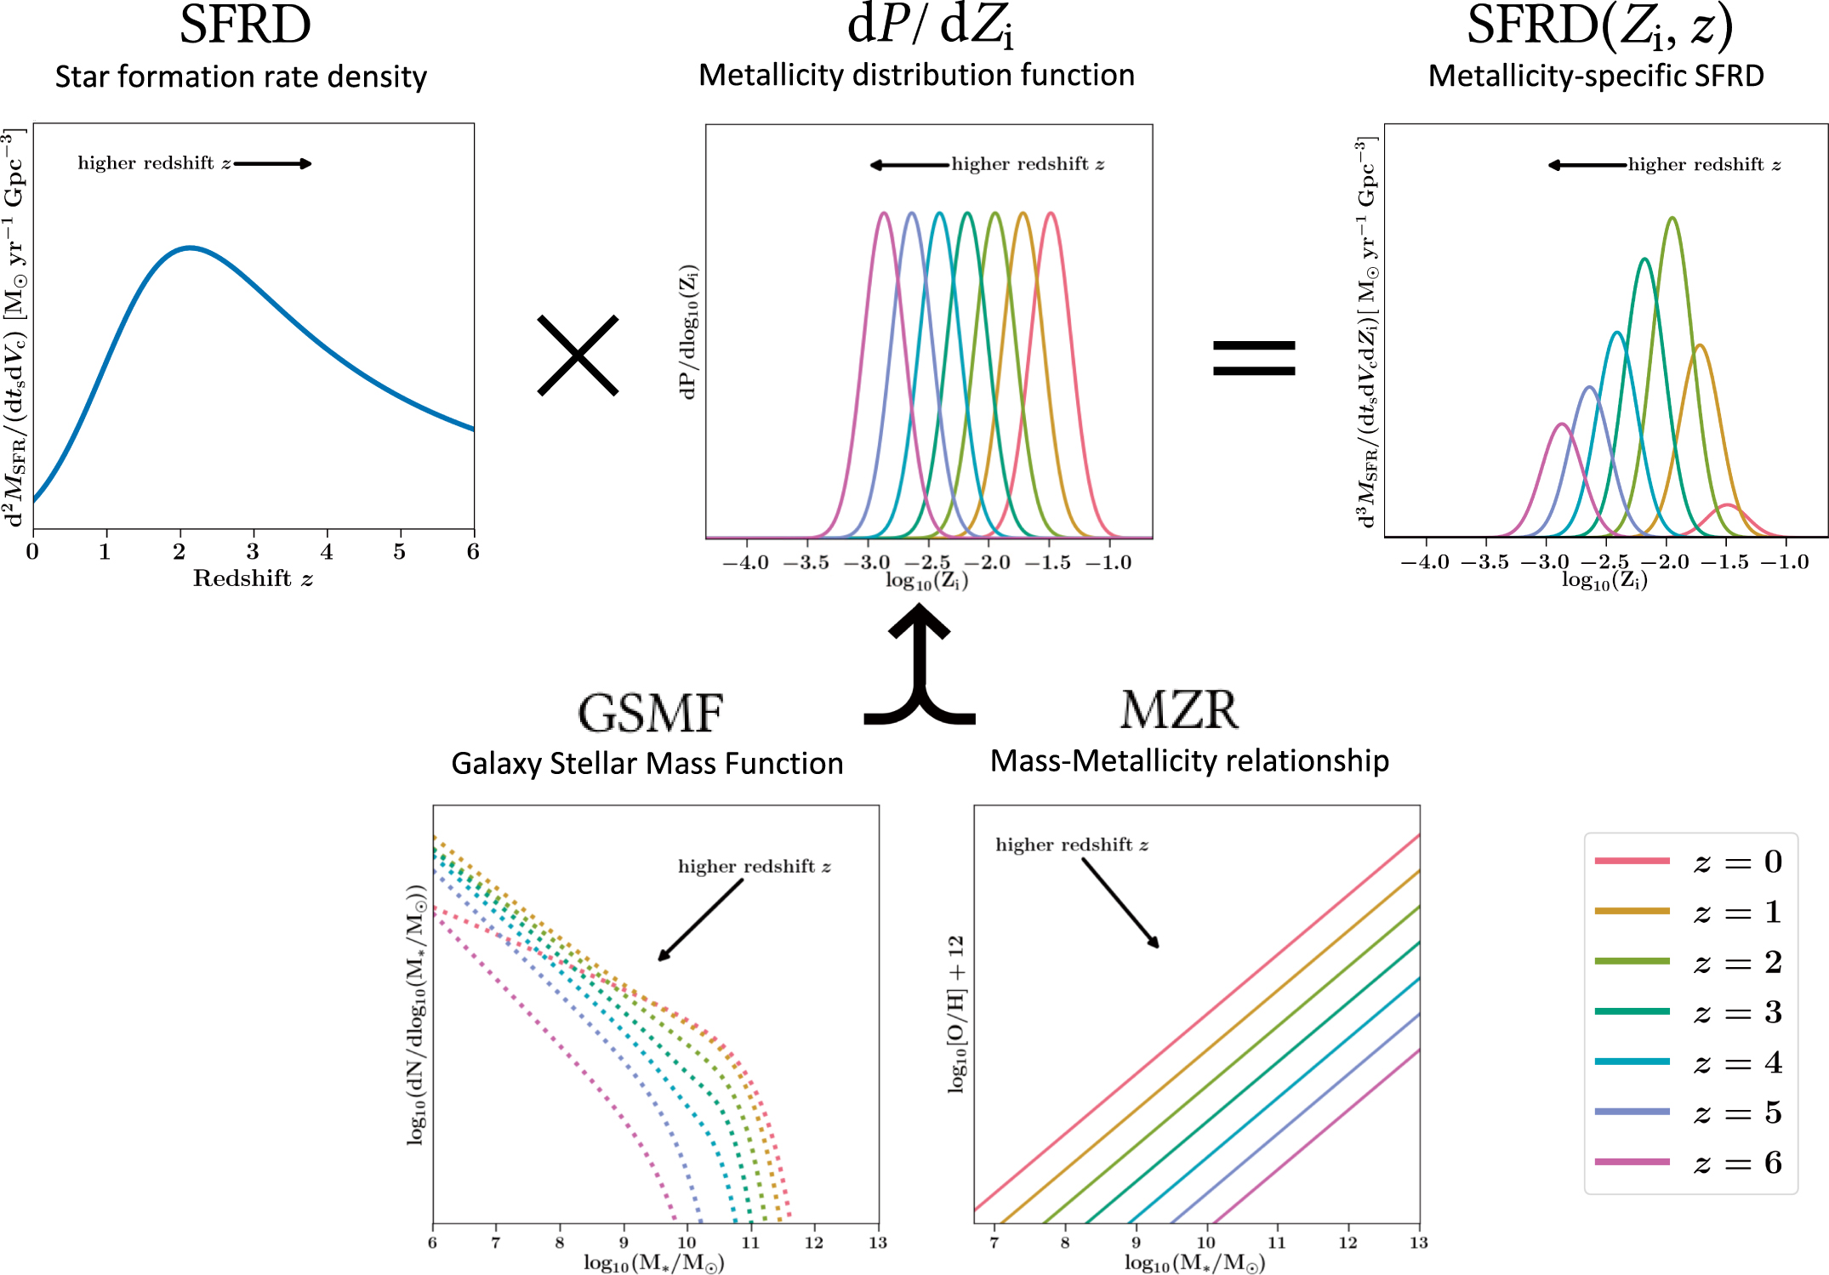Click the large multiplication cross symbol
pyautogui.click(x=578, y=356)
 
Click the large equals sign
pyautogui.click(x=1254, y=358)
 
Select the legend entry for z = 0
pyautogui.click(x=1688, y=862)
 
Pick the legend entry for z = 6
pyautogui.click(x=1688, y=1163)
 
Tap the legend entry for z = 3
pyautogui.click(x=1688, y=1012)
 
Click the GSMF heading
pyautogui.click(x=651, y=713)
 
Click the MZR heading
pyautogui.click(x=1179, y=710)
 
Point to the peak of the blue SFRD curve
pyautogui.click(x=190, y=248)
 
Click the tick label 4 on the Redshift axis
pyautogui.click(x=327, y=552)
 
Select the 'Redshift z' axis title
pyautogui.click(x=253, y=579)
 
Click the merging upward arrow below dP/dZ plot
pyautogui.click(x=920, y=668)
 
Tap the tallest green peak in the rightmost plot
pyautogui.click(x=1672, y=219)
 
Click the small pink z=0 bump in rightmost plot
pyautogui.click(x=1727, y=507)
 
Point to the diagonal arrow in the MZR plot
pyautogui.click(x=1120, y=902)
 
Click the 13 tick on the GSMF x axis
pyautogui.click(x=877, y=1243)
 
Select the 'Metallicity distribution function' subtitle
pyautogui.click(x=916, y=75)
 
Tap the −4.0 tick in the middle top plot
pyautogui.click(x=745, y=562)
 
